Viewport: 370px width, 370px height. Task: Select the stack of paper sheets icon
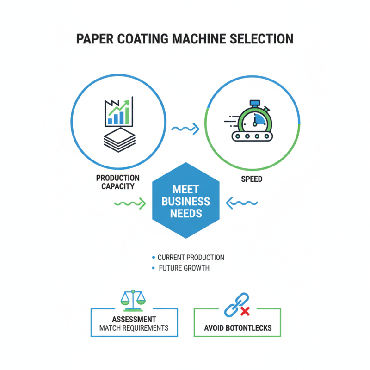118,137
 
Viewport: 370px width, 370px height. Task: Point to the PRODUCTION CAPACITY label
118,182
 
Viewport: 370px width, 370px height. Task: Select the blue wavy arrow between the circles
185,129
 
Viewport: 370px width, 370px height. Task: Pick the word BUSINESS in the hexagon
185,202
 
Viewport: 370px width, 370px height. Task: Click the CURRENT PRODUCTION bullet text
191,258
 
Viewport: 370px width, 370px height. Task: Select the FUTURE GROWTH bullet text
184,268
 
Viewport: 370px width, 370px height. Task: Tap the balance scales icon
133,300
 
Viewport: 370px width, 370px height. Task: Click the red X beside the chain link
245,312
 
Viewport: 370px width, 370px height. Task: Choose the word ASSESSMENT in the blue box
134,320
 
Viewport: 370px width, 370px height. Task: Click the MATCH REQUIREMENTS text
134,328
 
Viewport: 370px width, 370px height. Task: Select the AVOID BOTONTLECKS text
238,329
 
